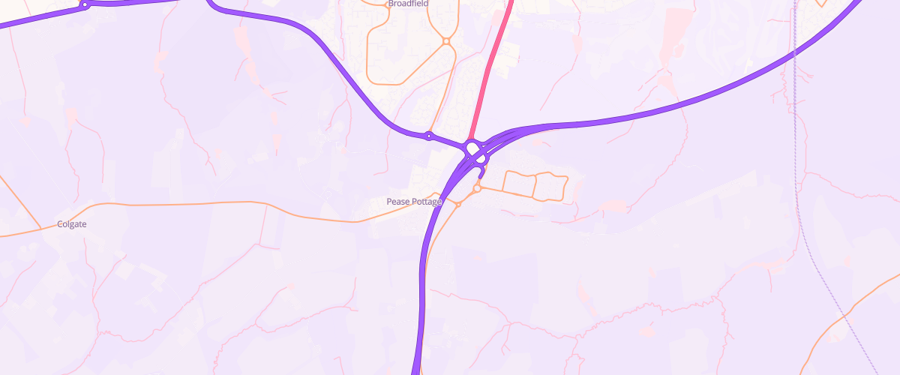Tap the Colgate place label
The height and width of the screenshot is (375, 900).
click(x=72, y=224)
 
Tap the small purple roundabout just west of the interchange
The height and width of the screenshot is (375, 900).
click(x=428, y=136)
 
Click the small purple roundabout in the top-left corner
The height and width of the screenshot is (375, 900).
click(x=85, y=5)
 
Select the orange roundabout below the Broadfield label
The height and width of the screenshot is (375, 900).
click(x=445, y=41)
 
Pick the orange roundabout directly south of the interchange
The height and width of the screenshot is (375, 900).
click(x=476, y=188)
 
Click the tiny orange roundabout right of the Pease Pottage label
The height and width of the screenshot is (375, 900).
click(x=457, y=204)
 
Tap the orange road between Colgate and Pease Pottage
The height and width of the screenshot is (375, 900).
click(x=187, y=203)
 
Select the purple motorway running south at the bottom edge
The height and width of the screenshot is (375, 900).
click(x=418, y=345)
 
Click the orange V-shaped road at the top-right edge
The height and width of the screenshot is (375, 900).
click(x=821, y=4)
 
